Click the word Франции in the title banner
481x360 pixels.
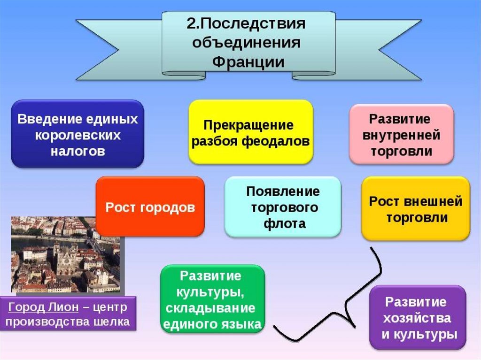(248, 61)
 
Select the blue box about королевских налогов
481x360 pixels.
(78, 134)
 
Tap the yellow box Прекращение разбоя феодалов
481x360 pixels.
(250, 132)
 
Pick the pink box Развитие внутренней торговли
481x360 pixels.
(401, 134)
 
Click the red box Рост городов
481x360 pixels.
(150, 207)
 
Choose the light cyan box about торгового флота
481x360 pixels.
(283, 207)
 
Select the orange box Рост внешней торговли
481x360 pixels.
(415, 208)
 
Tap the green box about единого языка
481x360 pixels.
(212, 299)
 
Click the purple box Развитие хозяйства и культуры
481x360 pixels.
(418, 317)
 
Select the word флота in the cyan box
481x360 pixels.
(283, 223)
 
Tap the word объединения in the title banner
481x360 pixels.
(248, 43)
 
